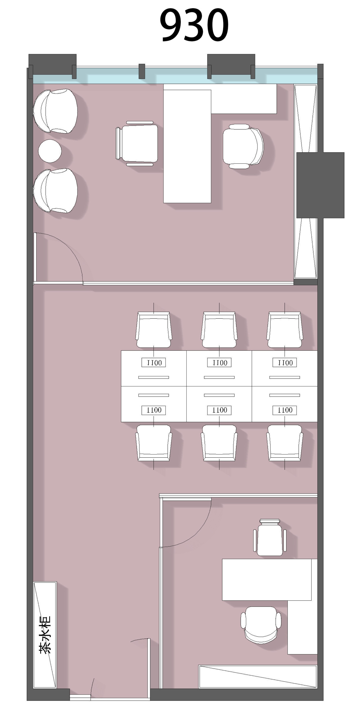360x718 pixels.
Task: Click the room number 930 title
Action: (x=194, y=25)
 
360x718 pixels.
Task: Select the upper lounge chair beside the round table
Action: (x=55, y=111)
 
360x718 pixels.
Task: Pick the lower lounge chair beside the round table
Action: (x=55, y=191)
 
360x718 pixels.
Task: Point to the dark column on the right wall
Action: (x=320, y=185)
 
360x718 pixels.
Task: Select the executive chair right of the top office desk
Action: (x=243, y=146)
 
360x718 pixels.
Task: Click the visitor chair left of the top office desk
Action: (x=137, y=144)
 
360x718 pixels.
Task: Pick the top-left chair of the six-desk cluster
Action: (x=154, y=330)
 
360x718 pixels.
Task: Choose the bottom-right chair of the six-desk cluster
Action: (x=284, y=443)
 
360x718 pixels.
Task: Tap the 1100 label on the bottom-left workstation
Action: (x=154, y=410)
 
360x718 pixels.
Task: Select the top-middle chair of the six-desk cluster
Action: (x=219, y=330)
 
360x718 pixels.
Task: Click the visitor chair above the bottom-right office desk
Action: (x=270, y=537)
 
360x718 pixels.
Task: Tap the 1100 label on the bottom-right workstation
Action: (x=284, y=410)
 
